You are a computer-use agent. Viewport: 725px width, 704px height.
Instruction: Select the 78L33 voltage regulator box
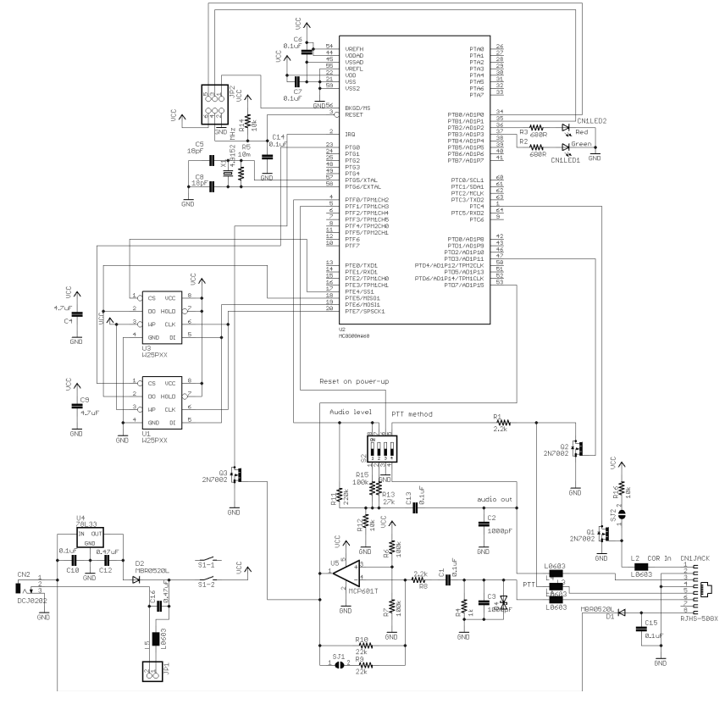(x=89, y=538)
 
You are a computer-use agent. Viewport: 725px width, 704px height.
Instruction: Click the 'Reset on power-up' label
(x=354, y=382)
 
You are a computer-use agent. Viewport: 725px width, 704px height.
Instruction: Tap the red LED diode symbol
(x=567, y=127)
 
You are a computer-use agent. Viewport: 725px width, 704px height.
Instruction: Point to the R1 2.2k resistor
(x=500, y=422)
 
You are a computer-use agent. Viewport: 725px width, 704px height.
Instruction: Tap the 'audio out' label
(x=495, y=500)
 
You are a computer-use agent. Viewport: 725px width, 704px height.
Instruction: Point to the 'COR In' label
(x=660, y=558)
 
